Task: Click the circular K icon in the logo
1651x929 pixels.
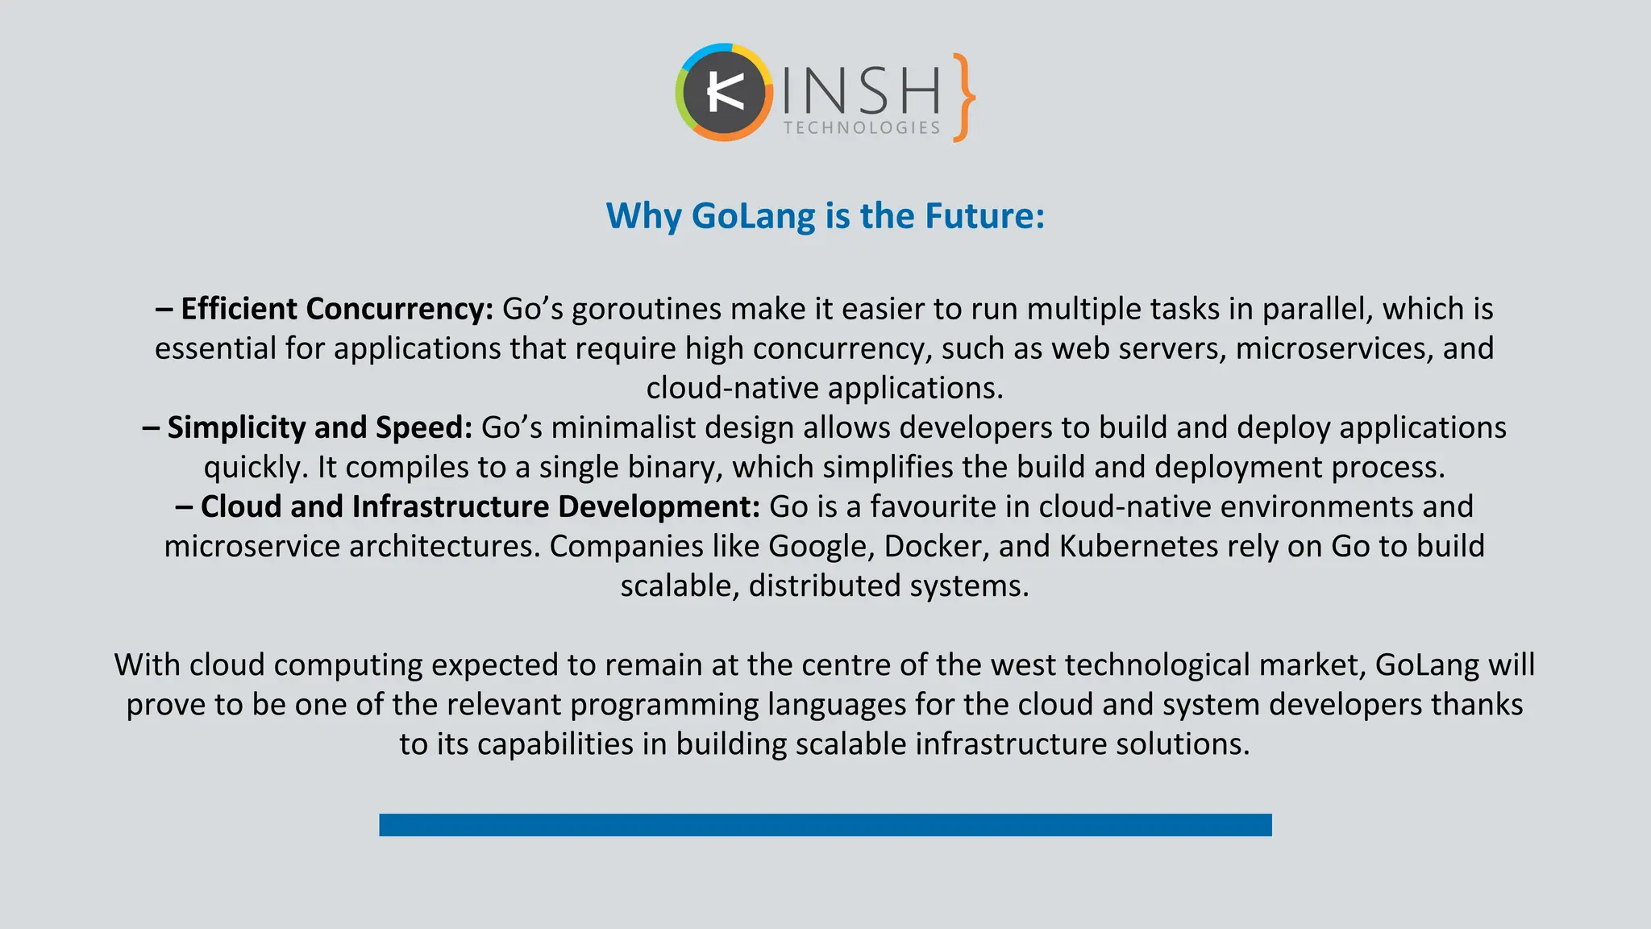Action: coord(723,94)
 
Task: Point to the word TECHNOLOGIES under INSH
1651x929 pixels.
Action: coord(862,128)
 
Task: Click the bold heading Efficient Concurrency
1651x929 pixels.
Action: coord(336,309)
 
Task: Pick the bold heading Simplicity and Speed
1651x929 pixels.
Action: coord(319,427)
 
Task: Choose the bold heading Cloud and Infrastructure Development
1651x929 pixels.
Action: coord(480,506)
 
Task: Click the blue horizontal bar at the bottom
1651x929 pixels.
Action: coord(825,824)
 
